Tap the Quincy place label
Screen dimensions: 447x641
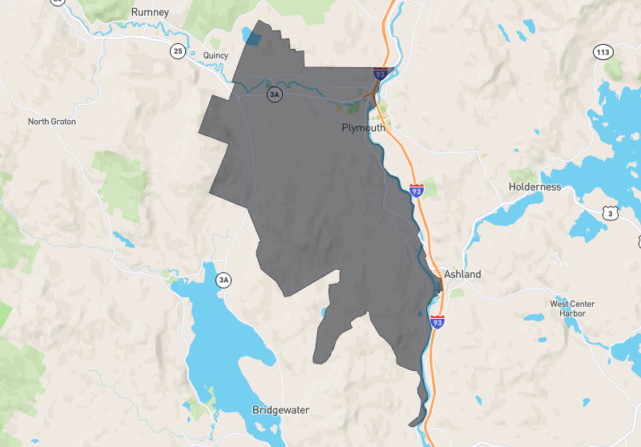[216, 55]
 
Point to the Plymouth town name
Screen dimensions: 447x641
[363, 128]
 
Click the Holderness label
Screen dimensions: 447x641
[534, 187]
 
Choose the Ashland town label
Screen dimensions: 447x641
[462, 274]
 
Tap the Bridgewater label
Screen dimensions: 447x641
[280, 410]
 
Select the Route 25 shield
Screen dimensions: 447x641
[177, 51]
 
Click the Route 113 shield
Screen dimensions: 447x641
[603, 52]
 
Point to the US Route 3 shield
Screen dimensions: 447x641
[611, 213]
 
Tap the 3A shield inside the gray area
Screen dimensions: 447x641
[274, 95]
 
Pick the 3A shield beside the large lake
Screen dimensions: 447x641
[224, 280]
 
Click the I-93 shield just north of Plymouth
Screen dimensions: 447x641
[381, 74]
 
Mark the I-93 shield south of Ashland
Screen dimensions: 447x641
[437, 322]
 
